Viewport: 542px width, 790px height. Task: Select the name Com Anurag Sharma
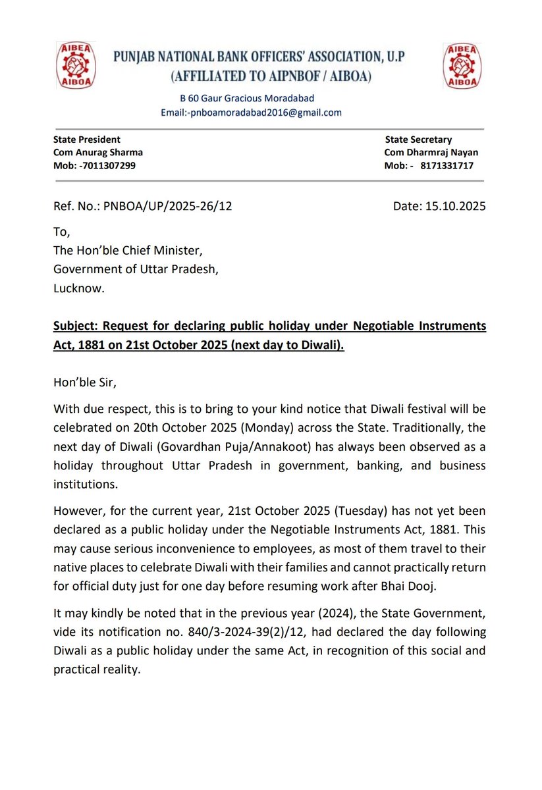coord(98,152)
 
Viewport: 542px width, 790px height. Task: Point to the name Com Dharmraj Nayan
coord(431,152)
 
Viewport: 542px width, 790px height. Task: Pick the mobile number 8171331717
coord(446,165)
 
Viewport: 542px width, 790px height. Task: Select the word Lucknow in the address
coord(77,288)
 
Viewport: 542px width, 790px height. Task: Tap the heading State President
coord(86,140)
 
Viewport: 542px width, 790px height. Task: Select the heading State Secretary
coord(418,140)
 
